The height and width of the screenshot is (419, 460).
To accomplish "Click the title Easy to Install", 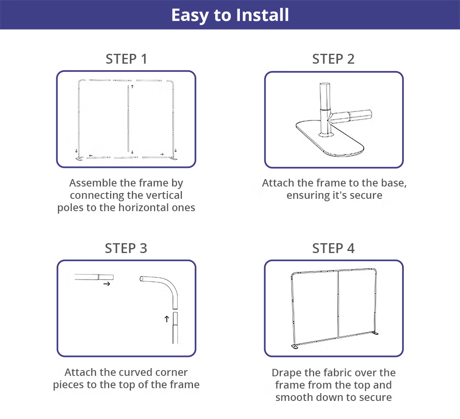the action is pyautogui.click(x=230, y=15).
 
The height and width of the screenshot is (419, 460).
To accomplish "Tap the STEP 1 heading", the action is pyautogui.click(x=126, y=59).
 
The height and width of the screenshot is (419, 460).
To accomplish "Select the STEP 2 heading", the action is pyautogui.click(x=333, y=59).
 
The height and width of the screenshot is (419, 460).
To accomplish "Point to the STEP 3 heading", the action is pyautogui.click(x=126, y=248).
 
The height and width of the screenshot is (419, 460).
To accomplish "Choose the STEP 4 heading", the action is pyautogui.click(x=333, y=248).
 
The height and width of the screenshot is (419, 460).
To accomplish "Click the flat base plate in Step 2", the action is pyautogui.click(x=330, y=138).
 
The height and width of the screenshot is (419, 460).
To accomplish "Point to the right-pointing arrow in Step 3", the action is pyautogui.click(x=107, y=284).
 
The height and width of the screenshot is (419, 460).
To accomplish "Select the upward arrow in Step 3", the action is pyautogui.click(x=167, y=319).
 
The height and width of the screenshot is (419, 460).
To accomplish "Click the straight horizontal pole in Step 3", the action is pyautogui.click(x=94, y=277).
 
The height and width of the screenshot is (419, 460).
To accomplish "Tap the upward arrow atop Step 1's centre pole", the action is pyautogui.click(x=132, y=87).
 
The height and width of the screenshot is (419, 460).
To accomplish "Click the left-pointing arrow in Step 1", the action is pyautogui.click(x=91, y=156).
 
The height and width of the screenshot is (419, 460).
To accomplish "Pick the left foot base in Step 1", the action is pyautogui.click(x=80, y=159).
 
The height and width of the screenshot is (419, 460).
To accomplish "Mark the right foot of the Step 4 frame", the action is pyautogui.click(x=375, y=333).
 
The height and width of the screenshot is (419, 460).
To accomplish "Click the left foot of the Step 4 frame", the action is pyautogui.click(x=294, y=347).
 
